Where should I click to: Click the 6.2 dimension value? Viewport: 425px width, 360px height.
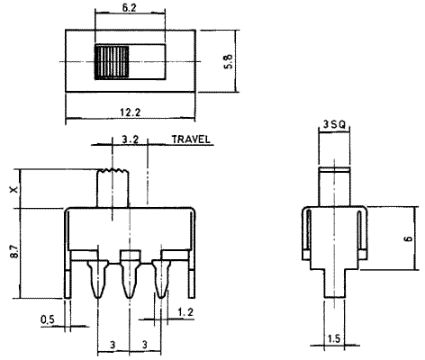[x=129, y=8]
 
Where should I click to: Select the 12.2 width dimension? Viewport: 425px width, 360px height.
[x=131, y=112]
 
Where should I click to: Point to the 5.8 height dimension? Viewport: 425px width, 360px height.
[x=228, y=61]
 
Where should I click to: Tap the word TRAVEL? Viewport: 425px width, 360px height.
[x=191, y=139]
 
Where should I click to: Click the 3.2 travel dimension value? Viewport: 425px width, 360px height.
[x=131, y=139]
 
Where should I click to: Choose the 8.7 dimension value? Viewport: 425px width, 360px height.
[x=14, y=251]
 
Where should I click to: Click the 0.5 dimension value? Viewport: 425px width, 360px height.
[x=48, y=319]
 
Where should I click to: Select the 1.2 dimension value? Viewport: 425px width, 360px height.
[x=185, y=312]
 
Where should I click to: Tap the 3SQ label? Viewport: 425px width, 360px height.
[x=334, y=124]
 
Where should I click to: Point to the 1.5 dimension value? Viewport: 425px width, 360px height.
[x=334, y=339]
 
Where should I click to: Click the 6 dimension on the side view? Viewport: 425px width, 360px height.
[x=409, y=238]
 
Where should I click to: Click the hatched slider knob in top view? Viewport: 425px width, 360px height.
[x=112, y=62]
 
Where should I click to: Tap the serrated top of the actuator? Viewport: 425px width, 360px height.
[x=113, y=171]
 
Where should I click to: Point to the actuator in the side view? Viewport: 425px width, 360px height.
[x=334, y=187]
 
